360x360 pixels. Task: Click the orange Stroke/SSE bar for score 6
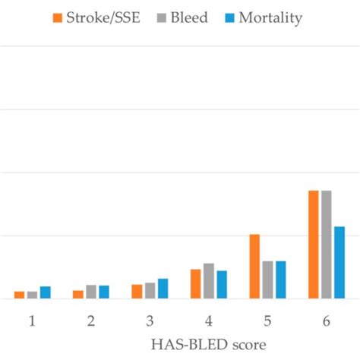point(313,245)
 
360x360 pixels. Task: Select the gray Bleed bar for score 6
point(326,245)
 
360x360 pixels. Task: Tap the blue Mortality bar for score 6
point(339,262)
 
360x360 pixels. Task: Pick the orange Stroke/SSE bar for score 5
point(254,267)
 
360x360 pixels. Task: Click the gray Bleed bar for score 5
point(267,279)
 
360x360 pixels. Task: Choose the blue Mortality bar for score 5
point(280,279)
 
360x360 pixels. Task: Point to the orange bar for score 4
point(195,284)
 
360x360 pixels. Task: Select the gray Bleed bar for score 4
point(208,281)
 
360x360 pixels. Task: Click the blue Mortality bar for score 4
point(222,285)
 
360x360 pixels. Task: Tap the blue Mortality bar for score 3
point(163,289)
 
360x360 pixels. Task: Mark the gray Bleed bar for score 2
point(91,292)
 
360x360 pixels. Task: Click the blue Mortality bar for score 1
point(46,292)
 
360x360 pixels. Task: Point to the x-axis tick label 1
point(33,321)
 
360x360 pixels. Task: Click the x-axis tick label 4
point(208,321)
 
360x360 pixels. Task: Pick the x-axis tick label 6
point(326,321)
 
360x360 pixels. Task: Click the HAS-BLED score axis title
point(207,344)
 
